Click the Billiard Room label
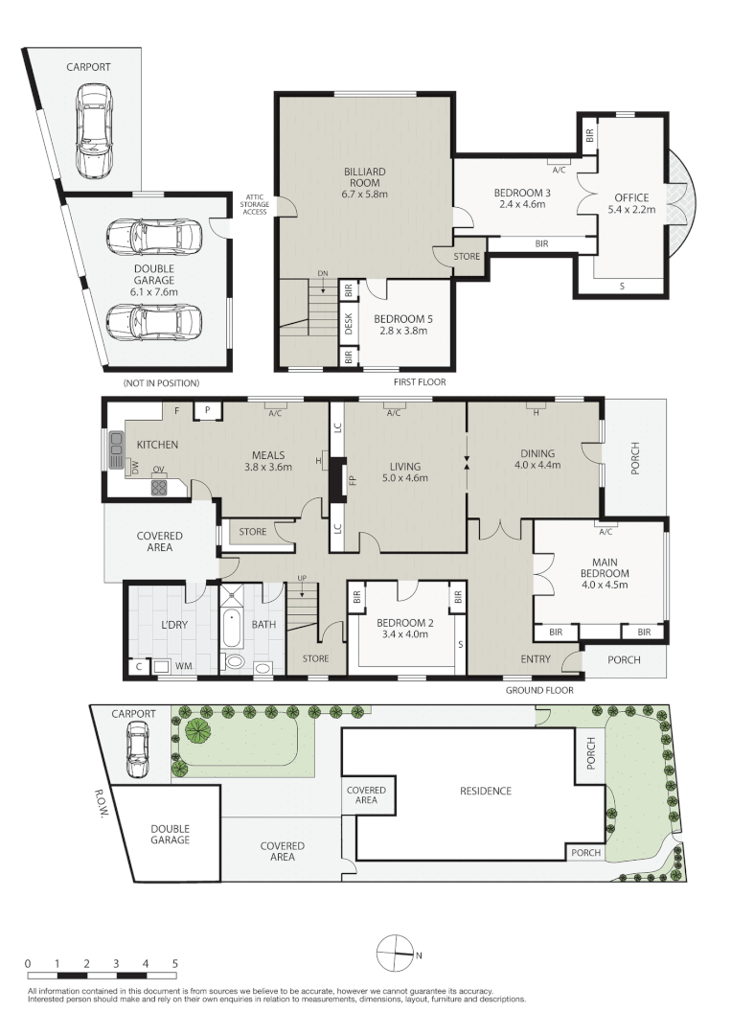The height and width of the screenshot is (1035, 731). [364, 183]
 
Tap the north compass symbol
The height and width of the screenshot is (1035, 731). [395, 954]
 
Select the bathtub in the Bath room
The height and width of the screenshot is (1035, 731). [231, 628]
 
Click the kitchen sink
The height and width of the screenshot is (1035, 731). [117, 449]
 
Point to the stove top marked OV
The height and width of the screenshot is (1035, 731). [159, 487]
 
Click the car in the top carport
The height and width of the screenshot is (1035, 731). [93, 130]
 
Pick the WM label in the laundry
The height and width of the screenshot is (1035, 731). [184, 666]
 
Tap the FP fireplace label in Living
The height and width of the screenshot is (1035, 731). [353, 478]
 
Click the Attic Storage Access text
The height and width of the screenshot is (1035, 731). [255, 204]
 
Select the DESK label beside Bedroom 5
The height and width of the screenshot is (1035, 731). [349, 324]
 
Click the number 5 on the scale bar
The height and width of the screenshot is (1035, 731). [174, 964]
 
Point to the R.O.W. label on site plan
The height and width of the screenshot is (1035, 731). [101, 801]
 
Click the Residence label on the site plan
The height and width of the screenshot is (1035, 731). [486, 791]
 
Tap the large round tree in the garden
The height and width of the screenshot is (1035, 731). [197, 731]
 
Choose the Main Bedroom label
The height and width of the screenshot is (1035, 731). [605, 573]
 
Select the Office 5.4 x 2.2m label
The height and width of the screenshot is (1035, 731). [631, 203]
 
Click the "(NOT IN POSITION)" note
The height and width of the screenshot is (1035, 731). [161, 382]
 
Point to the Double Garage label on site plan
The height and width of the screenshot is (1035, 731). [171, 835]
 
